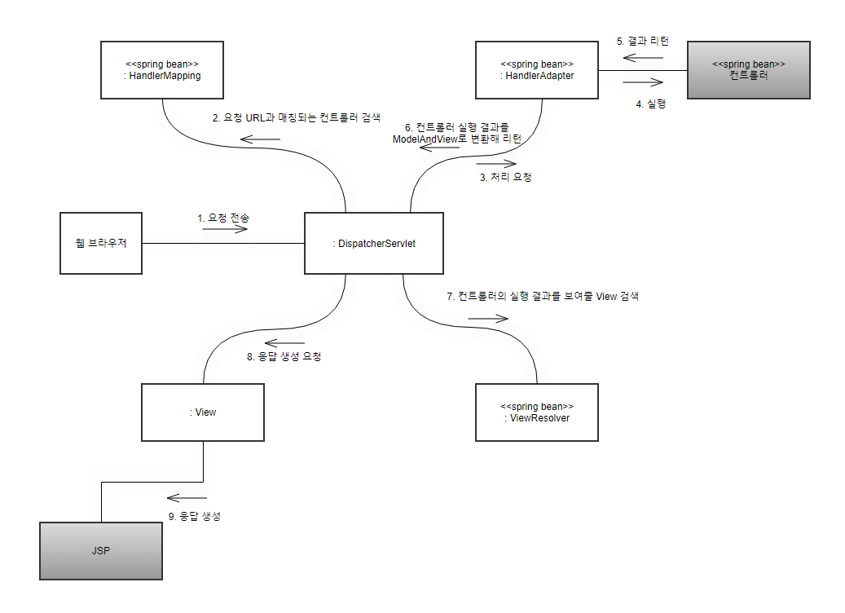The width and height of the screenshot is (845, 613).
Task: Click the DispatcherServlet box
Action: tap(373, 244)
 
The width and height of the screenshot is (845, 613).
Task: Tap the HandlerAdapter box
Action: tap(536, 70)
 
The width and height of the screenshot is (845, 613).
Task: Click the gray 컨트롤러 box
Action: tap(748, 70)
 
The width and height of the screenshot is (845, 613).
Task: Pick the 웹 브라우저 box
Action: tap(100, 244)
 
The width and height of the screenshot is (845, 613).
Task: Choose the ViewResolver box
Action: tap(536, 412)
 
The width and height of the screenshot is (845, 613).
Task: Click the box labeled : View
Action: tap(202, 412)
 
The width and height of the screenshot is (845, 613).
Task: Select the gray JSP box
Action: tap(100, 551)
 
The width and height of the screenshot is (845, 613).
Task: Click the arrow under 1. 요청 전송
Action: tap(225, 230)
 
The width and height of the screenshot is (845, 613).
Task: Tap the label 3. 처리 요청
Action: tap(505, 177)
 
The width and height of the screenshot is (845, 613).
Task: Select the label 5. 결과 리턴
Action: tap(643, 41)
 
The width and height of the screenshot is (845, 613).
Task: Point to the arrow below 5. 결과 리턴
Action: tap(645, 57)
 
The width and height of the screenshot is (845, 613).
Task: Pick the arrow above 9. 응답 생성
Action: tap(187, 498)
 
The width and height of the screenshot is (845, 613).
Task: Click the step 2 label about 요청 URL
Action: tap(296, 117)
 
